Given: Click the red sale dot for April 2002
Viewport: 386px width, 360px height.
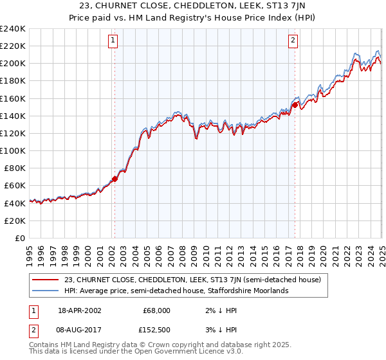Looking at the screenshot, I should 115,179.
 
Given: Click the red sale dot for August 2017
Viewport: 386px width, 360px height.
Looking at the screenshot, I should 295,105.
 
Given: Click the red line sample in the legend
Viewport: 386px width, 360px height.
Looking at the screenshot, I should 46,280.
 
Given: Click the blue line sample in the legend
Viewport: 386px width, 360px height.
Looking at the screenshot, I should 46,291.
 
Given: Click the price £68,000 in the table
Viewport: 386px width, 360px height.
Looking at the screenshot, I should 156,310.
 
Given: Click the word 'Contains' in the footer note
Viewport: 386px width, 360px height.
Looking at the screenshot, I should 44,345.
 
